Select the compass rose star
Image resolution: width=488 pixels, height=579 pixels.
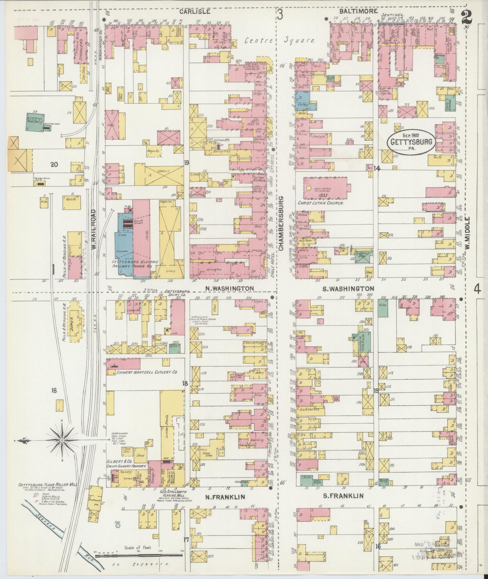62,440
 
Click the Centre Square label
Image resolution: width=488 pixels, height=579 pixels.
280,40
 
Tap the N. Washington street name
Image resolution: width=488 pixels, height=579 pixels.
229,288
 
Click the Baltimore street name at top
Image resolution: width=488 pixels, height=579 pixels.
358,11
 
